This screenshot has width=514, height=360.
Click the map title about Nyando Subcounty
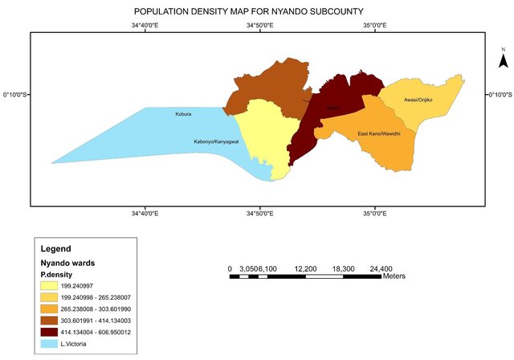[x=260, y=12]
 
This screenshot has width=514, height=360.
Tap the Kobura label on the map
[x=183, y=114]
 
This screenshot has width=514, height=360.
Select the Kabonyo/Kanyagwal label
[x=217, y=141]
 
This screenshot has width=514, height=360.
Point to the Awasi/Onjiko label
[x=418, y=99]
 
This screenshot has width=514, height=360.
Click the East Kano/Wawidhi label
[x=379, y=133]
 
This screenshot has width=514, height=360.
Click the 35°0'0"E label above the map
[x=374, y=26]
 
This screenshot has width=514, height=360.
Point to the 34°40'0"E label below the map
[x=145, y=214]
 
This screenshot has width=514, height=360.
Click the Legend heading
[x=56, y=249]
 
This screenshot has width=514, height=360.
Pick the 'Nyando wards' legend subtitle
[x=68, y=263]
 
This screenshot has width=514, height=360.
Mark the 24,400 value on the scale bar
[x=380, y=268]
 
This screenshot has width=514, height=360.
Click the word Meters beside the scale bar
[x=395, y=276]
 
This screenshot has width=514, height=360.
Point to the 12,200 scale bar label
[x=306, y=268]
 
